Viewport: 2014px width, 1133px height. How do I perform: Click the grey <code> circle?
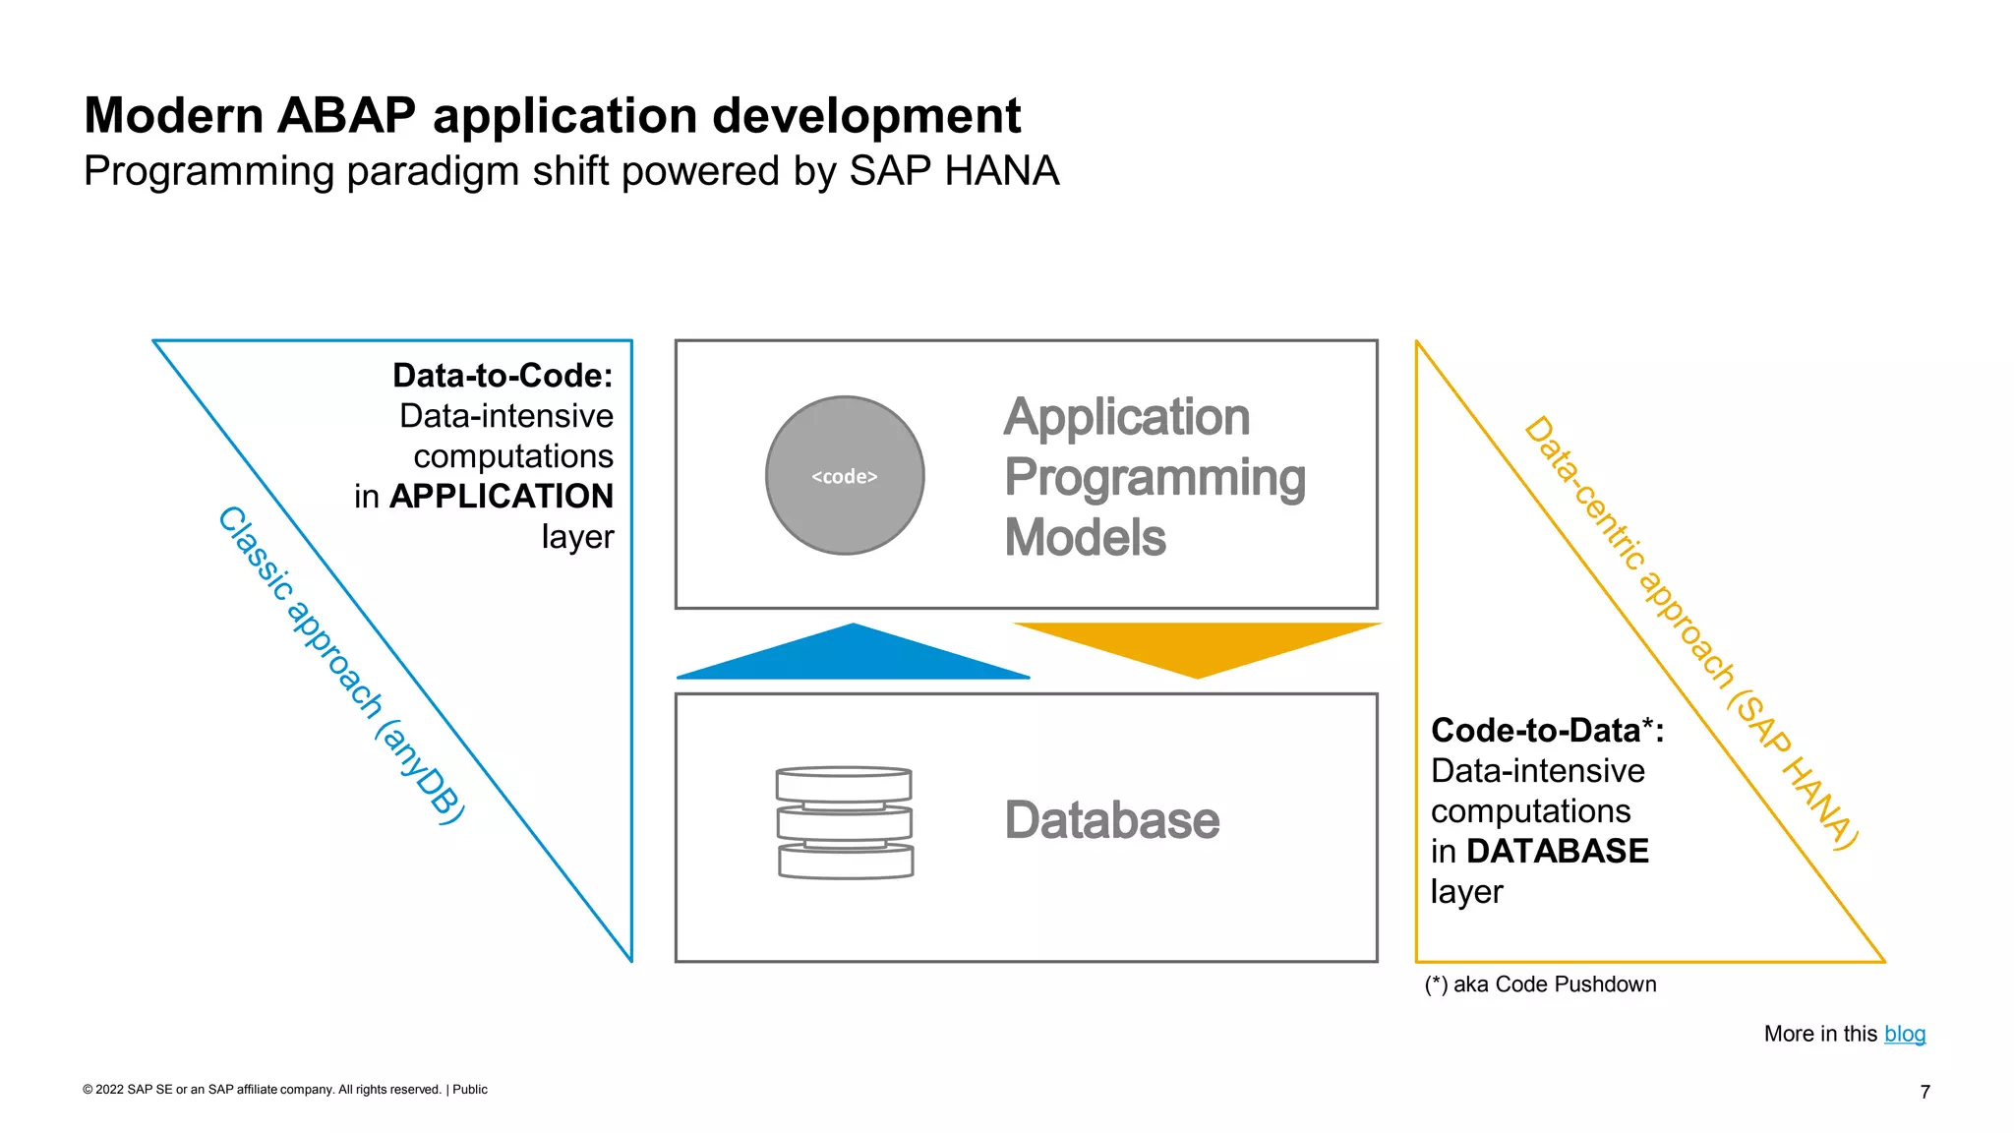pos(845,476)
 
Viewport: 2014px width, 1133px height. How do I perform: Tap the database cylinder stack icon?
pos(845,822)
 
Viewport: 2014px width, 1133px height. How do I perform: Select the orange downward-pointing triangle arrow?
pos(1197,644)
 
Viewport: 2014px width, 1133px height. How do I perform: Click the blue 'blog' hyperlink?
pos(1904,1034)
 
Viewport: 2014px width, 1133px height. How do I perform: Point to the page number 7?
pos(1925,1092)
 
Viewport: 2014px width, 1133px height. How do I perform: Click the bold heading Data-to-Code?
pos(503,376)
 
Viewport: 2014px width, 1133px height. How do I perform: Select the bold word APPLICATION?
pos(502,496)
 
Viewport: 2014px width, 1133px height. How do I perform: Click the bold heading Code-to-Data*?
pos(1546,731)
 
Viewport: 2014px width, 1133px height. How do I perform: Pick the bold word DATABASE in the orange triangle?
pos(1557,851)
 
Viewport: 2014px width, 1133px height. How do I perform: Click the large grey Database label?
pos(1111,820)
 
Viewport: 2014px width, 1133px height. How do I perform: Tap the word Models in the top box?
pos(1085,538)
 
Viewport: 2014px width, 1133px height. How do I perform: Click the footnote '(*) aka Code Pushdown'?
pos(1540,984)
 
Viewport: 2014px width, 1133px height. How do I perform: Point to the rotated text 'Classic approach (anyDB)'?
pos(340,665)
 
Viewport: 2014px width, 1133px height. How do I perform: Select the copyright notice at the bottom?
pos(284,1090)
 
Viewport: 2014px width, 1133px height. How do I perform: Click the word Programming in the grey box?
pos(1155,478)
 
